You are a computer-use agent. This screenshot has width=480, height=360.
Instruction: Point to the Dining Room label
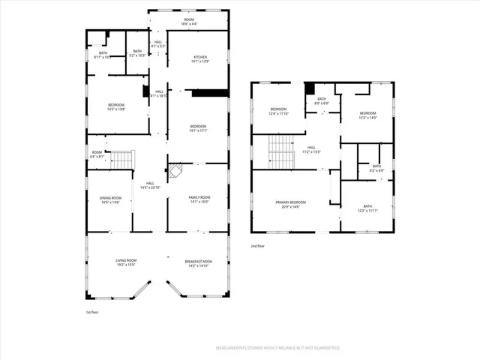pos(110,199)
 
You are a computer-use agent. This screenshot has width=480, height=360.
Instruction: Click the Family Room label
pos(198,199)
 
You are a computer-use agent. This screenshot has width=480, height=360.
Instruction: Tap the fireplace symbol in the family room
pos(174,171)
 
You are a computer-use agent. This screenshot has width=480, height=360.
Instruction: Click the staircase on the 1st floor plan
pos(122,160)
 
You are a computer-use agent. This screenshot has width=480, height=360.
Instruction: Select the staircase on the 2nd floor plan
pos(279,151)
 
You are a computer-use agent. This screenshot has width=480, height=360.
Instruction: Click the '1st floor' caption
pos(92,311)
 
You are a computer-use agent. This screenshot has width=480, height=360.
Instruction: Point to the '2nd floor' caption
pos(257,245)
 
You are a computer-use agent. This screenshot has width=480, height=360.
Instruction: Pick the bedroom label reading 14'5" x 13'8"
pos(115,107)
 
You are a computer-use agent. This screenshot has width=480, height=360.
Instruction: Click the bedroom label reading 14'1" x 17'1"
pos(198,128)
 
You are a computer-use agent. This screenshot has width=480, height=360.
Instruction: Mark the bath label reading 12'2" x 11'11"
pos(367,208)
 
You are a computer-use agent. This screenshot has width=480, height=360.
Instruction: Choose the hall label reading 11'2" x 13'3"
pos(311,149)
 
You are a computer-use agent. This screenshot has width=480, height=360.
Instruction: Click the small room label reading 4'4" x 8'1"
pos(97,154)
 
